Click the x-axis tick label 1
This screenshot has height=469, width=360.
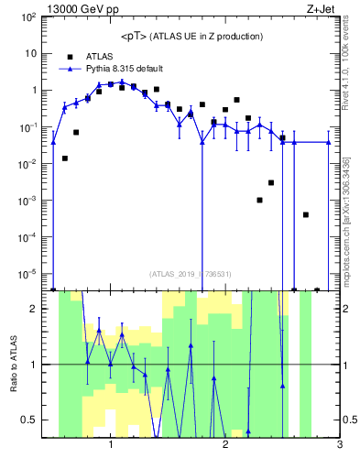tap(111, 445)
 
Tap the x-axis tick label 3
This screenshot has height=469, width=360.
tap(339, 445)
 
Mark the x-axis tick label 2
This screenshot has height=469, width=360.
tap(225, 445)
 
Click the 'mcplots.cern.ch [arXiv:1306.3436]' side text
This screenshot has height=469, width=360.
tap(351, 210)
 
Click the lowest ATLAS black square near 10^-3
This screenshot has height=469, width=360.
tap(260, 200)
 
